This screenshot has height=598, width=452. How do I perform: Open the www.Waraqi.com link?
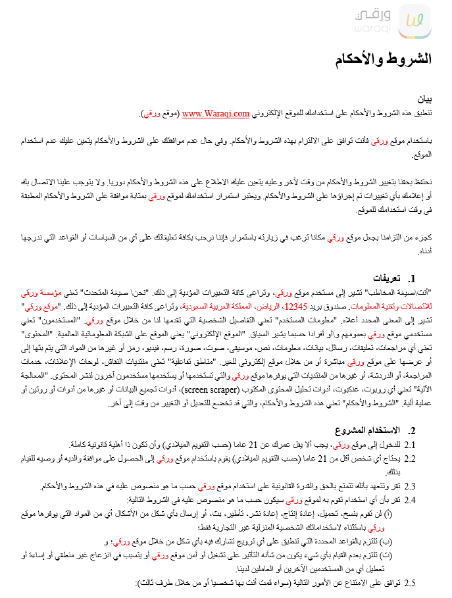click(x=216, y=114)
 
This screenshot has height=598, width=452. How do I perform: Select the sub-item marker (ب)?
click(x=413, y=542)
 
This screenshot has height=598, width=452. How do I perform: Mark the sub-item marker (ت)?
click(x=413, y=556)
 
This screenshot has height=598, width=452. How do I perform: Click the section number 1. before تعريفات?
click(x=413, y=278)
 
